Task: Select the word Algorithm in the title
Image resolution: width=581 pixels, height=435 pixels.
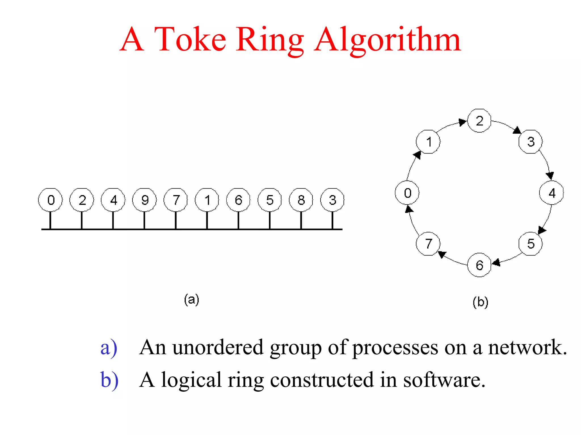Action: coord(388,40)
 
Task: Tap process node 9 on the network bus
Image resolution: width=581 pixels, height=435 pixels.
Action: coord(144,200)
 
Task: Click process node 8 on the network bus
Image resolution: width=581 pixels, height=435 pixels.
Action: coord(301,200)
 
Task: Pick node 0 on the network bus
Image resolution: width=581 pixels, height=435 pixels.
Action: coord(50,200)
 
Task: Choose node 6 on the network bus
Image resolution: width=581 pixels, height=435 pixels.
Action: coord(238,200)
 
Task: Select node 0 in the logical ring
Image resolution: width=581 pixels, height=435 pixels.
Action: coord(407,193)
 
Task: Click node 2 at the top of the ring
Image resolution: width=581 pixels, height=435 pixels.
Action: coord(479,121)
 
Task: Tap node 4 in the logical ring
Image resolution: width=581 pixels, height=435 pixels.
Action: coord(551,193)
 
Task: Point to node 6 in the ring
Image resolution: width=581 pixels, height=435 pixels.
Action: coord(479,265)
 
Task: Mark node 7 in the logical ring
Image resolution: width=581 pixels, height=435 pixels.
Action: coord(428,244)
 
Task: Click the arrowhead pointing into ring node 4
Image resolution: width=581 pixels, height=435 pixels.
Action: coord(550,176)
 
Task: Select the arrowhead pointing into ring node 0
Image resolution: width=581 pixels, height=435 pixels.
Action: coord(409,209)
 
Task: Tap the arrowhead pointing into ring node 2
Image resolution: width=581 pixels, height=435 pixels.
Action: coord(462,122)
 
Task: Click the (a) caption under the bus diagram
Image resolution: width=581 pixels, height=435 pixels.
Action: coord(191,299)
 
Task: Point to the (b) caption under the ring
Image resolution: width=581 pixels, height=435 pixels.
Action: coord(480,302)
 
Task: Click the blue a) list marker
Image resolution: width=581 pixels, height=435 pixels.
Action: coord(109,347)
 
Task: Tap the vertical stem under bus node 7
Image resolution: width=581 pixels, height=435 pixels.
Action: coord(176,220)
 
